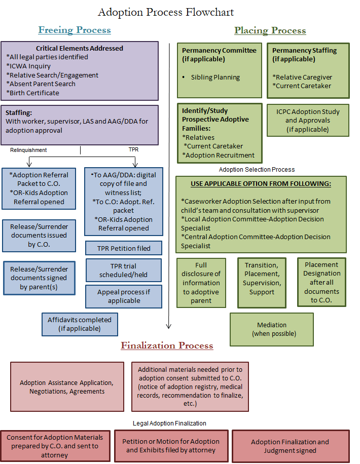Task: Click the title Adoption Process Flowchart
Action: (x=166, y=12)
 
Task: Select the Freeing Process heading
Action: (x=75, y=30)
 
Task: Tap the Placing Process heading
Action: (x=270, y=30)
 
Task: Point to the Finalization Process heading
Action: (x=167, y=345)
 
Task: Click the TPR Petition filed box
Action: (x=124, y=248)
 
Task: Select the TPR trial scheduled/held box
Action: (x=124, y=270)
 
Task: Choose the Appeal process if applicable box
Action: (x=124, y=296)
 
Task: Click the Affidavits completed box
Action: (x=79, y=324)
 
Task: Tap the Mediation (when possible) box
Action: (x=272, y=329)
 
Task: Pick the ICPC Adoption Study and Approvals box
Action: (x=308, y=121)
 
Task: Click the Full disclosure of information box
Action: (x=201, y=283)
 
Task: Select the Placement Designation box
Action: (x=321, y=282)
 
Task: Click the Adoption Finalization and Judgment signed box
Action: (x=290, y=446)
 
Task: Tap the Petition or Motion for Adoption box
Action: (x=171, y=446)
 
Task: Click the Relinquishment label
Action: (x=28, y=150)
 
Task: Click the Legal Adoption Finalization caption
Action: (x=169, y=423)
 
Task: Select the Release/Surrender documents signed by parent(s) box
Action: (x=39, y=278)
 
